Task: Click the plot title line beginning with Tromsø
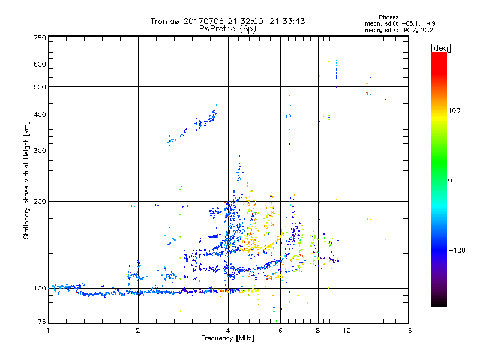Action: coord(228,21)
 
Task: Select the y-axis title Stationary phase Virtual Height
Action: coord(26,178)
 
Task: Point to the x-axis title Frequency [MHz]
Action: coord(227,338)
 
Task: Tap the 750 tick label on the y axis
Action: coord(40,38)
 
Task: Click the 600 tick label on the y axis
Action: coord(40,64)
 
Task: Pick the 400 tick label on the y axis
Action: coord(40,115)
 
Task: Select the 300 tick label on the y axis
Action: coord(40,151)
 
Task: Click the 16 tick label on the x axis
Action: coord(407,331)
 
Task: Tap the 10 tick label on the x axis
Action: coord(346,331)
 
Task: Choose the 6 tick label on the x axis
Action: coord(280,331)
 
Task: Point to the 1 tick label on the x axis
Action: coord(48,331)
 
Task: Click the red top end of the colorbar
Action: coord(439,56)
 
